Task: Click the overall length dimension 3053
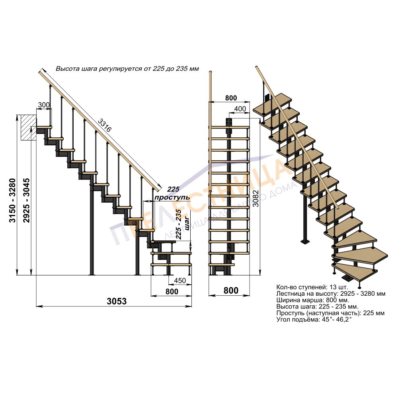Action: (x=117, y=301)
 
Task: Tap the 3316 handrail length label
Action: (x=105, y=125)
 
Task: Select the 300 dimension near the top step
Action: (x=44, y=105)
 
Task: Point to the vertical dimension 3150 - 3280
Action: (x=12, y=200)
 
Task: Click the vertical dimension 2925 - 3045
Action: (x=26, y=200)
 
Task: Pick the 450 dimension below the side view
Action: (x=180, y=281)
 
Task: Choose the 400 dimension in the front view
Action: (x=240, y=109)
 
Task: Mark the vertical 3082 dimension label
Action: (x=256, y=198)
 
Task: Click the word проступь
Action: (x=172, y=197)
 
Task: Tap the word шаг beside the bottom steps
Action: (x=187, y=223)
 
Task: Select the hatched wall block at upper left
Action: (x=28, y=127)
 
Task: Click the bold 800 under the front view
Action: (x=231, y=291)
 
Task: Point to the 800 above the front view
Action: (x=231, y=98)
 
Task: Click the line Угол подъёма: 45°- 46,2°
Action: (x=314, y=319)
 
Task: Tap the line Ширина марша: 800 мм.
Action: (x=313, y=300)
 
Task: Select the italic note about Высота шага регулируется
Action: (x=127, y=69)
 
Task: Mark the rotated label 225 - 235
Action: (x=179, y=224)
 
